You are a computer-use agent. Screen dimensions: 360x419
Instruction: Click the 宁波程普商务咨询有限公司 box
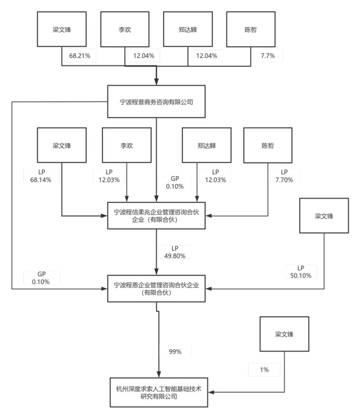tap(156, 101)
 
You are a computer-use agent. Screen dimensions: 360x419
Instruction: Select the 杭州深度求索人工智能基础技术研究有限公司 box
tap(159, 392)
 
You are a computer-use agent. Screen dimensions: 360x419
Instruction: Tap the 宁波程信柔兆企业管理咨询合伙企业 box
tap(156, 216)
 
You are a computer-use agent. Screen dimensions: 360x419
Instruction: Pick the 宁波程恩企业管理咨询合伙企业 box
tap(156, 289)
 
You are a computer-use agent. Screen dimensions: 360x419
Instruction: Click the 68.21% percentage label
tap(80, 56)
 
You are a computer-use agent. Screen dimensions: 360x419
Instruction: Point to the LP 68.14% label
tap(41, 176)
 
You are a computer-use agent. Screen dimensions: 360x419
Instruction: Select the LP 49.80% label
tap(175, 252)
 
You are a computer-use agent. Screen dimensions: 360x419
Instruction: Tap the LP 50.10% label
tap(301, 272)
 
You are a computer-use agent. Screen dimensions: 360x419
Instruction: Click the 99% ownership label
tap(175, 351)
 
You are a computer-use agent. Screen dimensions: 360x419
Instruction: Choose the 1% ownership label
tap(264, 370)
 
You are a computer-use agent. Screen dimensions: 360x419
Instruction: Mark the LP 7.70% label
tap(284, 176)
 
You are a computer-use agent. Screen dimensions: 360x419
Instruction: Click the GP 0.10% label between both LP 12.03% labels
tap(175, 182)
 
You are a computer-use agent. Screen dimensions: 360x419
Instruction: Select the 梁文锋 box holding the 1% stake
tap(285, 334)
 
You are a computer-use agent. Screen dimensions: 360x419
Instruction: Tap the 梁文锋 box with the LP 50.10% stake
tap(324, 216)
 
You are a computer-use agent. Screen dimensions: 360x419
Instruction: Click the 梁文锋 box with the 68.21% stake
tap(62, 29)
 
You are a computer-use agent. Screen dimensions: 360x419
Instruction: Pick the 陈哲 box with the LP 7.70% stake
tap(268, 146)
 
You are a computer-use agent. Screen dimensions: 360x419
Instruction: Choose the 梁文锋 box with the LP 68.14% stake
tap(62, 145)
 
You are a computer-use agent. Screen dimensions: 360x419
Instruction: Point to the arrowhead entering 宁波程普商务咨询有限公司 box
tap(157, 82)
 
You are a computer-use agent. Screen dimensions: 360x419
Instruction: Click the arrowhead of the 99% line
tap(159, 374)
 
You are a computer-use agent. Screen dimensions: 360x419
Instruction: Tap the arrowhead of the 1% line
tap(212, 392)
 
